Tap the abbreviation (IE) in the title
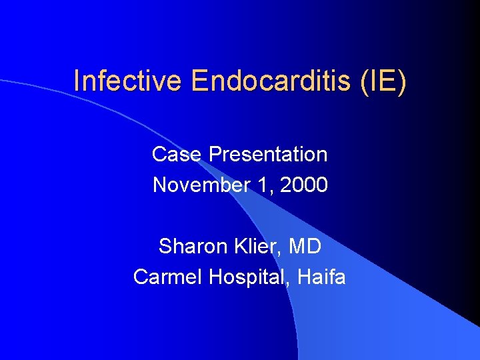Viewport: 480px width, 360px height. point(383,81)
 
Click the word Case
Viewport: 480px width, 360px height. point(177,155)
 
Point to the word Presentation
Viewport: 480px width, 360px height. point(268,155)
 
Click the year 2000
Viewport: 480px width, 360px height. point(304,185)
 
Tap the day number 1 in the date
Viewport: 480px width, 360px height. point(265,185)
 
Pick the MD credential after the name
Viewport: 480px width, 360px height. point(305,247)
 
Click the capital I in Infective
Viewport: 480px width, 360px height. point(77,81)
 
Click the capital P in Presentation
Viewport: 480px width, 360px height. point(215,155)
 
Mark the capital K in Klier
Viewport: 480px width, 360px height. point(238,247)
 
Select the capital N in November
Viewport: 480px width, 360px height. point(160,185)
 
